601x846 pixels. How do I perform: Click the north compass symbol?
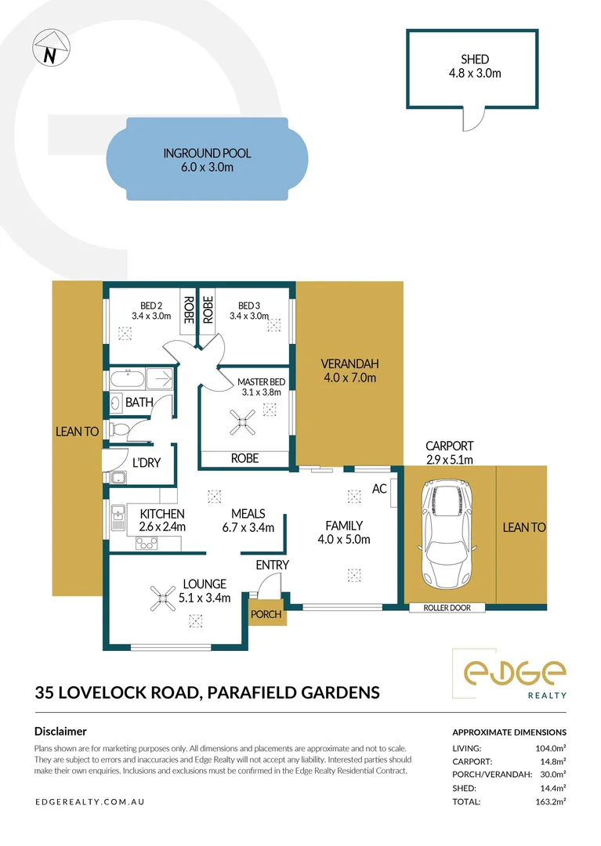pyautogui.click(x=49, y=49)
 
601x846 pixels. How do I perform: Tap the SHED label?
pyautogui.click(x=475, y=60)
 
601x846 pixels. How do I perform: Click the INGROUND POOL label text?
pyautogui.click(x=207, y=154)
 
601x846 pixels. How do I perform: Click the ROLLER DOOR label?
pyautogui.click(x=446, y=607)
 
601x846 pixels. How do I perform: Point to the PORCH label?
pyautogui.click(x=266, y=614)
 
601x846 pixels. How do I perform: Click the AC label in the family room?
pyautogui.click(x=378, y=489)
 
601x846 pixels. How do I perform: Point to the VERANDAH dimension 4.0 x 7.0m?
pyautogui.click(x=349, y=378)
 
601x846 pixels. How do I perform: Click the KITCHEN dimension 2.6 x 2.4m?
pyautogui.click(x=162, y=526)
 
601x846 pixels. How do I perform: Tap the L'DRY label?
pyautogui.click(x=146, y=463)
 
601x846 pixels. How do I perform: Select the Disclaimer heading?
pyautogui.click(x=60, y=731)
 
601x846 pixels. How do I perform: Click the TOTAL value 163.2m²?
pyautogui.click(x=549, y=801)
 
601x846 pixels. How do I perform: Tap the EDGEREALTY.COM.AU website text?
pyautogui.click(x=90, y=802)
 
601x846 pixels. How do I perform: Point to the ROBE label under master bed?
pyautogui.click(x=244, y=458)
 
